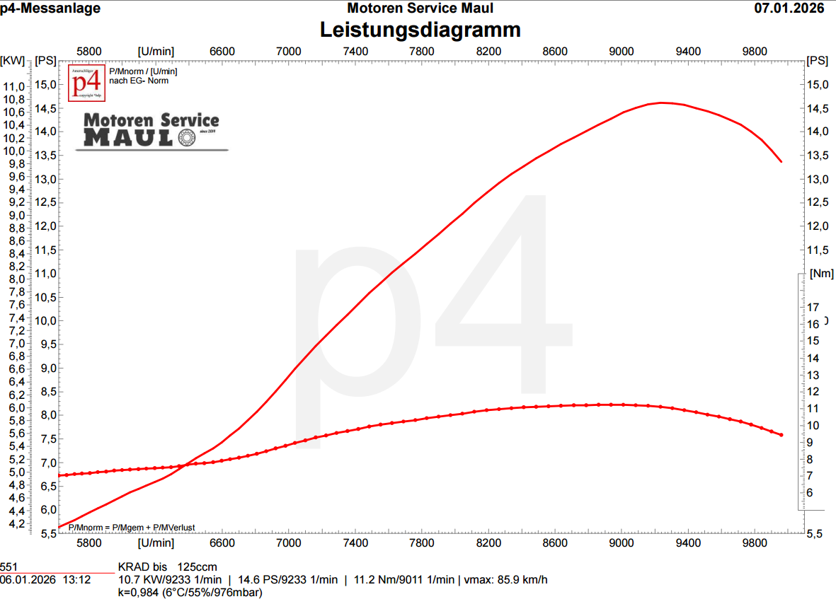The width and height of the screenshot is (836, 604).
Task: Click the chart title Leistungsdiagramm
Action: pos(420,30)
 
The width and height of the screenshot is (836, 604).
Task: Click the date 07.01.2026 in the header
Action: pos(789,8)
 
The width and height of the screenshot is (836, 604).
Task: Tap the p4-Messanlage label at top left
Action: pos(50,8)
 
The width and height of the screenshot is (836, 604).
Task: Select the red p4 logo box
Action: pos(86,82)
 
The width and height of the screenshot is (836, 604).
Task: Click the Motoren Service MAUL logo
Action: pos(151,131)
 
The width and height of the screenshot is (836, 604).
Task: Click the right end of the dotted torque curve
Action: pos(781,435)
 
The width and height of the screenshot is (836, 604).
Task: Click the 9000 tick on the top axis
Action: pos(622,51)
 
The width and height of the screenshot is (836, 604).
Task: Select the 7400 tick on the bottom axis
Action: pos(355,543)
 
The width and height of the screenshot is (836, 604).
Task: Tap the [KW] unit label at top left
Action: pos(13,61)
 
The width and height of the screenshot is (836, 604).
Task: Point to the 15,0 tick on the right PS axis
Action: pos(818,85)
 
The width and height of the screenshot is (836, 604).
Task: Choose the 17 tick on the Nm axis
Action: pos(813,307)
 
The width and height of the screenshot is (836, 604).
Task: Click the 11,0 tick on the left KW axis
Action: pos(15,86)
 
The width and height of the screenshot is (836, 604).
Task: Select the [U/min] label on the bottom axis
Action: pos(156,543)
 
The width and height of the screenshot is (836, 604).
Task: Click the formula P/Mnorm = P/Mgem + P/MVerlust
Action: pos(132,528)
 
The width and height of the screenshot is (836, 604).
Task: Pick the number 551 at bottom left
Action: pos(8,567)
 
